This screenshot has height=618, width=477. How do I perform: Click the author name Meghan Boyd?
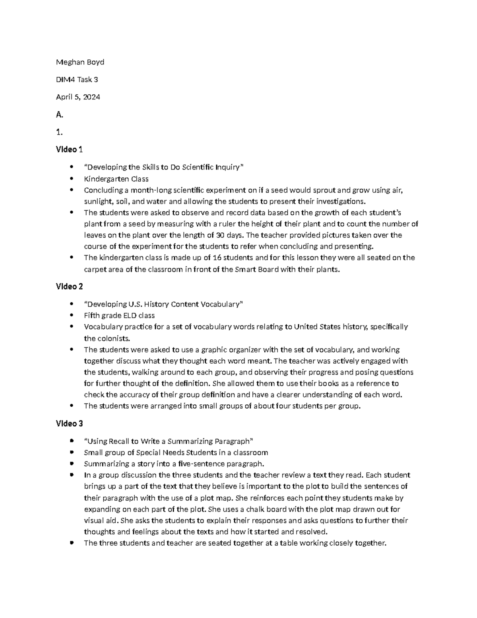80,62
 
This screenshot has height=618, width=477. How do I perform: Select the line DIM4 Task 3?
77,80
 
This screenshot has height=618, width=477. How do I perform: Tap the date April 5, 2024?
78,97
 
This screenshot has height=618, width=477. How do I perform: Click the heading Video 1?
69,150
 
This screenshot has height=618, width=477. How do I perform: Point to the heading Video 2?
69,287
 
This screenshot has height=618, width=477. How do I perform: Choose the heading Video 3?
69,423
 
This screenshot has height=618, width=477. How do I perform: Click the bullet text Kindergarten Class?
116,179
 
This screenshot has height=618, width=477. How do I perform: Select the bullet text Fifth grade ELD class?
119,316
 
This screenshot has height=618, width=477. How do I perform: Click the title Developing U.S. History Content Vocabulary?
163,304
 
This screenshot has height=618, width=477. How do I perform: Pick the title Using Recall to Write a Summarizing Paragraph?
169,441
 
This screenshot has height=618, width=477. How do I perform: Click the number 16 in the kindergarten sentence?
217,258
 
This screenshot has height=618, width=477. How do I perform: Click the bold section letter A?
60,115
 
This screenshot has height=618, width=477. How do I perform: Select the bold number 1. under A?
59,132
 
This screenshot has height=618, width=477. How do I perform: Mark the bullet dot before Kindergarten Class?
72,179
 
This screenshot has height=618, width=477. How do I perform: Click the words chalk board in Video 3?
267,509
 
